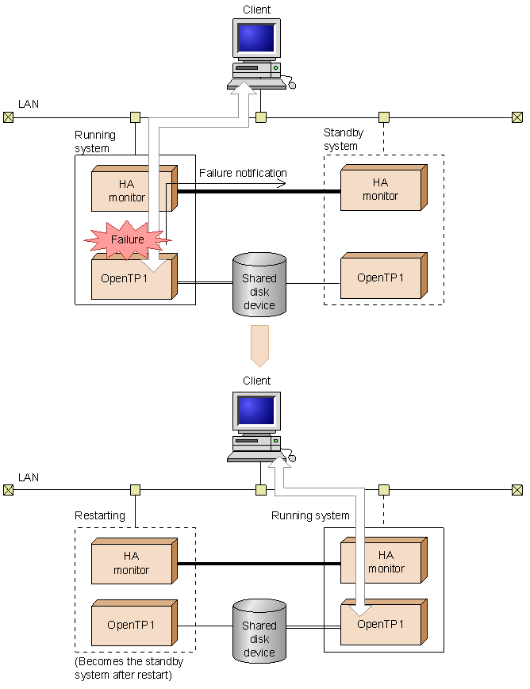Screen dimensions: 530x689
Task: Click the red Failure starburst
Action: [127, 240]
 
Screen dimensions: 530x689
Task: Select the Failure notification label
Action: [243, 173]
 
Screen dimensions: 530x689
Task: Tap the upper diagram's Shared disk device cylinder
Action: [259, 285]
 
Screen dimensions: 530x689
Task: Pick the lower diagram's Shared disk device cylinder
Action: [259, 631]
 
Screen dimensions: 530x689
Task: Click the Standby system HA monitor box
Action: [383, 188]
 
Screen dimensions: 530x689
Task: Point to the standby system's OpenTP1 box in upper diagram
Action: [383, 275]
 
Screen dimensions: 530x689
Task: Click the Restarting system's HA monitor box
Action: [134, 561]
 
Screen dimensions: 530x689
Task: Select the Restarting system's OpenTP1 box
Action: [134, 622]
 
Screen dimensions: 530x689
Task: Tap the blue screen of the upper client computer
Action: [256, 38]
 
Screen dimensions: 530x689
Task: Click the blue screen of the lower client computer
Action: [256, 411]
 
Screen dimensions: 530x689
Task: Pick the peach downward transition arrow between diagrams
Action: [259, 346]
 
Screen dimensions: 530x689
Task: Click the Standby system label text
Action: [344, 140]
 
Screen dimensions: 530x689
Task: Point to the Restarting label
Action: [100, 515]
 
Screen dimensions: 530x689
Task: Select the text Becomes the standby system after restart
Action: [129, 668]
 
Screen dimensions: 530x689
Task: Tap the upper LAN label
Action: [29, 104]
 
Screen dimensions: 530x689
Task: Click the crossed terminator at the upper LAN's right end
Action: [517, 117]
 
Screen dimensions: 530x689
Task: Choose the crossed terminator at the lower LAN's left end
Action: [9, 490]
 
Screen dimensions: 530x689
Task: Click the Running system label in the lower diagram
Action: [310, 515]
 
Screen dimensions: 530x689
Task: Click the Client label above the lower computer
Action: [257, 381]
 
